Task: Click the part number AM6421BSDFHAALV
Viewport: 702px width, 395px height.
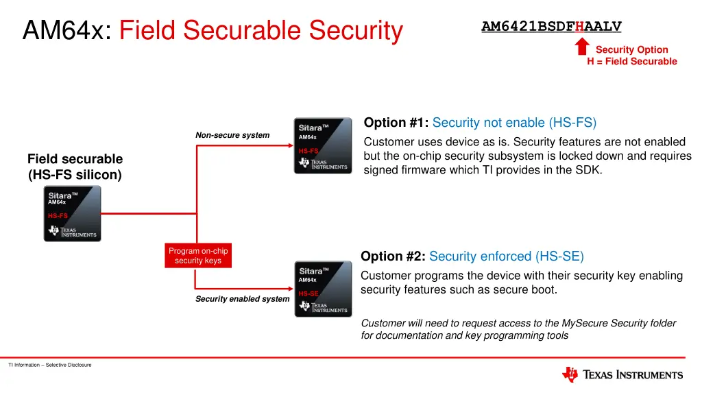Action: pyautogui.click(x=551, y=27)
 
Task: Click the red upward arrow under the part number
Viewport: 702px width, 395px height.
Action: pyautogui.click(x=582, y=47)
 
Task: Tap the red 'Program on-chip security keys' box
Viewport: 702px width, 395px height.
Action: pyautogui.click(x=198, y=256)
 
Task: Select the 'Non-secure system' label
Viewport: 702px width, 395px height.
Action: pyautogui.click(x=232, y=135)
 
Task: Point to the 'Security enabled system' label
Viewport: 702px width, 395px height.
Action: pyautogui.click(x=242, y=299)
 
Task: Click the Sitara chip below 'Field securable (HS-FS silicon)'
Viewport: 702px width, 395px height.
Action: pyautogui.click(x=72, y=213)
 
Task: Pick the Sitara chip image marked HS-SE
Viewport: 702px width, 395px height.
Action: pyautogui.click(x=323, y=289)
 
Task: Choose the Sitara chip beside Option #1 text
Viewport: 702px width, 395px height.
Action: pyautogui.click(x=323, y=145)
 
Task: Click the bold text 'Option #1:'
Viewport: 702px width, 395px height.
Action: pyautogui.click(x=396, y=123)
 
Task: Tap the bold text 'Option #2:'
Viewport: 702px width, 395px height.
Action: pyautogui.click(x=393, y=256)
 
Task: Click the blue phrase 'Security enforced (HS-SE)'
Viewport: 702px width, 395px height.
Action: pyautogui.click(x=507, y=256)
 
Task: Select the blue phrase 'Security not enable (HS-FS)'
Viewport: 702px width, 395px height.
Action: pyautogui.click(x=515, y=123)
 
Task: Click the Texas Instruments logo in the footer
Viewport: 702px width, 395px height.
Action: pyautogui.click(x=622, y=374)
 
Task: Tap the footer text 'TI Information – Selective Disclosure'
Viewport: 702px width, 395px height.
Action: pyautogui.click(x=50, y=365)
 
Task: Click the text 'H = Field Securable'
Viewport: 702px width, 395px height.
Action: pyautogui.click(x=631, y=62)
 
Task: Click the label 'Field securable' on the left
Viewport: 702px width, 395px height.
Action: pyautogui.click(x=75, y=159)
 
